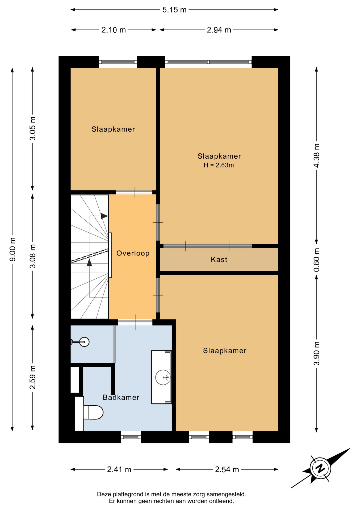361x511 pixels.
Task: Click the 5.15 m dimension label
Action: [174, 10]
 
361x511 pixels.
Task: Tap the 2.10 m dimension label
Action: [114, 30]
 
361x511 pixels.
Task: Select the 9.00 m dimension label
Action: [12, 249]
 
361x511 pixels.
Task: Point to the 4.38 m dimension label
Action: [317, 155]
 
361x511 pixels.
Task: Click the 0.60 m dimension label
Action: [317, 260]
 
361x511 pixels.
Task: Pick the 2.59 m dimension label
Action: [32, 377]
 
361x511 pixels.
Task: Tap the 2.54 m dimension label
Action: [227, 469]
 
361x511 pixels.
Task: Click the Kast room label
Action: [219, 259]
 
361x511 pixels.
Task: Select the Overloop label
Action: [133, 253]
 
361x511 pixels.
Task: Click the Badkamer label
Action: [121, 397]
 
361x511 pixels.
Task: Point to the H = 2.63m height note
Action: [219, 165]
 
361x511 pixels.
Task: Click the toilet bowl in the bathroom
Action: [93, 412]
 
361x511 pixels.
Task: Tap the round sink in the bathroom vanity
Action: [163, 377]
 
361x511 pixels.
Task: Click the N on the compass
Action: [320, 468]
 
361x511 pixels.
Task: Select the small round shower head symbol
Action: [85, 342]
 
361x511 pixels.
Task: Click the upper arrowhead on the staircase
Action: [104, 216]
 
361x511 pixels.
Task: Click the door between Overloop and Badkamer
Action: [135, 322]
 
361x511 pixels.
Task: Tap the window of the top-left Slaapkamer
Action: [118, 62]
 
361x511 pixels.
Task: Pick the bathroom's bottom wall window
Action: [131, 437]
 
